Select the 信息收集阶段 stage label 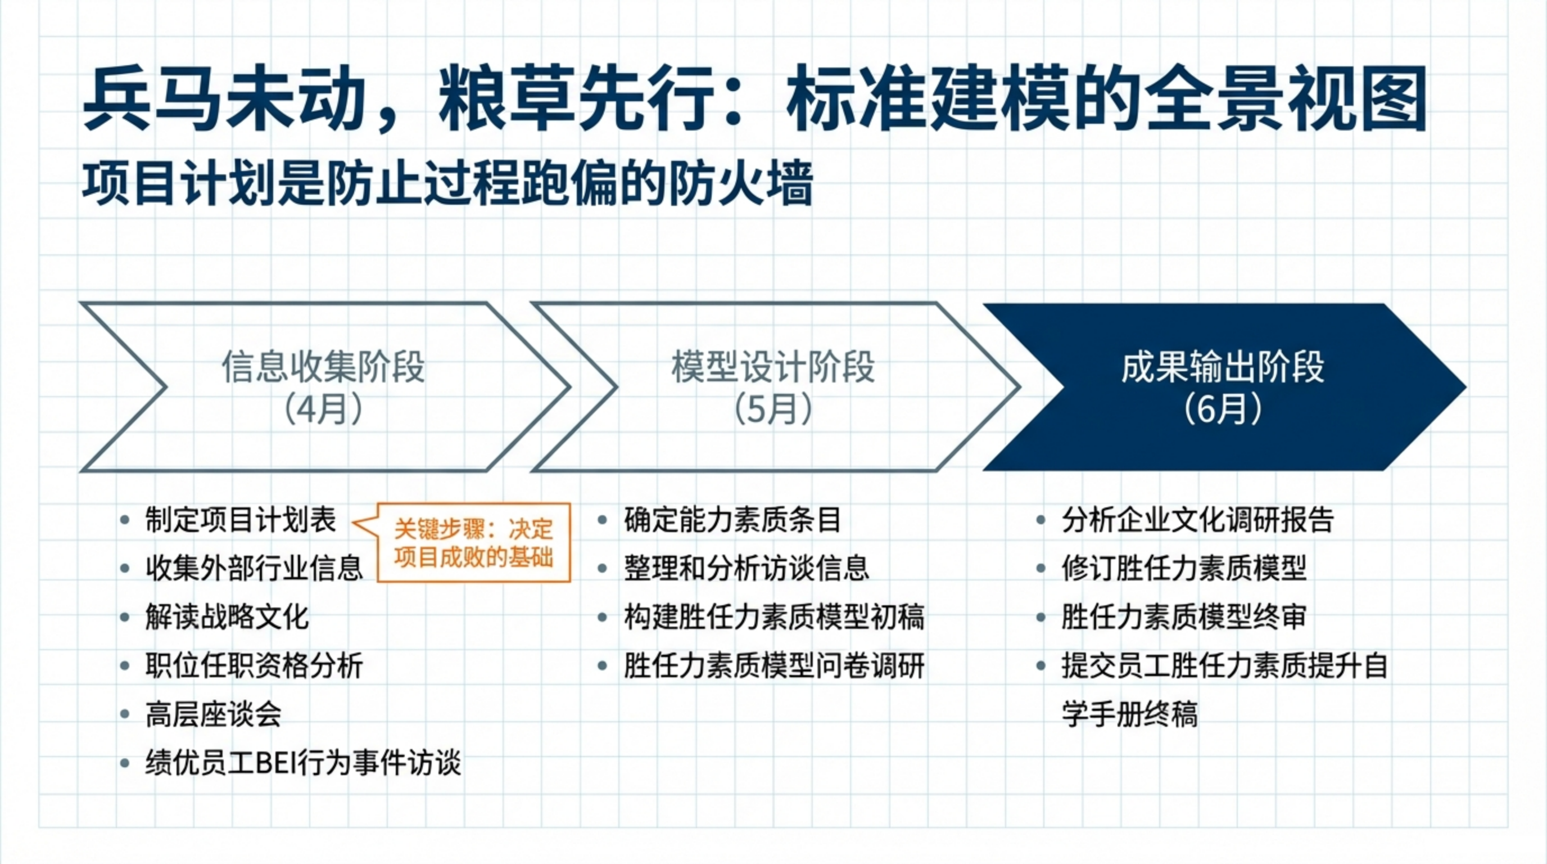pyautogui.click(x=323, y=367)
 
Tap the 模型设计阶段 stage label pyautogui.click(x=773, y=367)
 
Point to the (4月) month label pyautogui.click(x=323, y=409)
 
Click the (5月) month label pyautogui.click(x=773, y=409)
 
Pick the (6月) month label pyautogui.click(x=1223, y=409)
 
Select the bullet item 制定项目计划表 pyautogui.click(x=240, y=520)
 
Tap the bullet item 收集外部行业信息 pyautogui.click(x=254, y=568)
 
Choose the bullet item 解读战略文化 pyautogui.click(x=227, y=617)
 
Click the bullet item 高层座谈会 pyautogui.click(x=213, y=714)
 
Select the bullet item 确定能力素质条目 pyautogui.click(x=732, y=520)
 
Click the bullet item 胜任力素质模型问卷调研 pyautogui.click(x=773, y=666)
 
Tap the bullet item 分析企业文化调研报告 pyautogui.click(x=1197, y=520)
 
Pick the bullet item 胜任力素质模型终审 pyautogui.click(x=1184, y=617)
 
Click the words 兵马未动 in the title pyautogui.click(x=225, y=99)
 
